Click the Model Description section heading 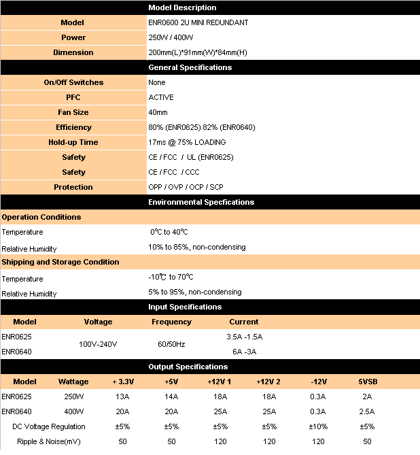(x=182, y=7)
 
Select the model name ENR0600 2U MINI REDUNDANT (x=198, y=22)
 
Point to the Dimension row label (x=73, y=52)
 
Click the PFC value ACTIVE (x=161, y=97)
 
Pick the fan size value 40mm (x=158, y=112)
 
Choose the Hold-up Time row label (x=73, y=142)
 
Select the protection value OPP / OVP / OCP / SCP (x=186, y=187)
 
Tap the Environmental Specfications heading (x=201, y=202)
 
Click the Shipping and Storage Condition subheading (x=60, y=262)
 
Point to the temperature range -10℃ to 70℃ (x=171, y=277)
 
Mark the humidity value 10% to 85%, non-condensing (x=197, y=247)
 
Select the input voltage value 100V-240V (x=98, y=344)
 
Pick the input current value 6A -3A (x=244, y=352)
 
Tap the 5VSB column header (x=366, y=382)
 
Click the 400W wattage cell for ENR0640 (x=73, y=411)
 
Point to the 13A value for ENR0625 (x=122, y=397)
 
